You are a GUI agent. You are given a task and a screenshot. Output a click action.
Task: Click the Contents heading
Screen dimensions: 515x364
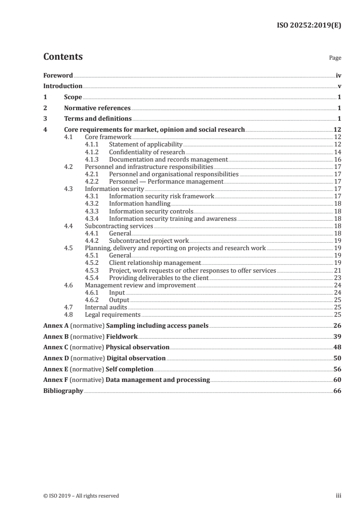pos(63,57)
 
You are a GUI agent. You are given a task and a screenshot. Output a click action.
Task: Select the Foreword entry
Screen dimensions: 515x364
pos(58,75)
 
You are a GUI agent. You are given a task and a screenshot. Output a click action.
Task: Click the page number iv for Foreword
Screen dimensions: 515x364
pos(338,75)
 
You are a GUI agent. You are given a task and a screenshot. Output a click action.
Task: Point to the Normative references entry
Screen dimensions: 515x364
pos(97,108)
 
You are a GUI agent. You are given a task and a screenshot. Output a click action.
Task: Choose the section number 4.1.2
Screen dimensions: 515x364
pos(93,152)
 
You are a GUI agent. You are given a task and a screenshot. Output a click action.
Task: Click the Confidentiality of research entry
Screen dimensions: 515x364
pos(146,152)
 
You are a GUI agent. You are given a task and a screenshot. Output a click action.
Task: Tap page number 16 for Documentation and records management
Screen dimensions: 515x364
pos(337,159)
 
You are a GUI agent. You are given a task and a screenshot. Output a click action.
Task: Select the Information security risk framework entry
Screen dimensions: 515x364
pos(162,196)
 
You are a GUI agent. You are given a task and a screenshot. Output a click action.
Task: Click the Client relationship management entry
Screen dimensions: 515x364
pos(155,263)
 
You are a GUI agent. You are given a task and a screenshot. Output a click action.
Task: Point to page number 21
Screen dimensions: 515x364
pos(337,270)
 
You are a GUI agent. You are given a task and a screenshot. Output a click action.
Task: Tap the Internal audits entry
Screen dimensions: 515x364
pos(106,307)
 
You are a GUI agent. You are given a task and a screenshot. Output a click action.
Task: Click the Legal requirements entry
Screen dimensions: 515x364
pos(112,314)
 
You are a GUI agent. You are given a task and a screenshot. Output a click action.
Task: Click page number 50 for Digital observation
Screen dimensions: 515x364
pos(337,358)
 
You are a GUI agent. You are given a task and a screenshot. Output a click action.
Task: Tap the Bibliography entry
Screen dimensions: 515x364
pos(63,391)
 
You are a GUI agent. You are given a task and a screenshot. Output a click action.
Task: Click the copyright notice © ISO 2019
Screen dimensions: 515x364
pos(81,496)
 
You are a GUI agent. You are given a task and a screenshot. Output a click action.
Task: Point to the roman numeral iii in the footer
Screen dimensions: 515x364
pos(339,496)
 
